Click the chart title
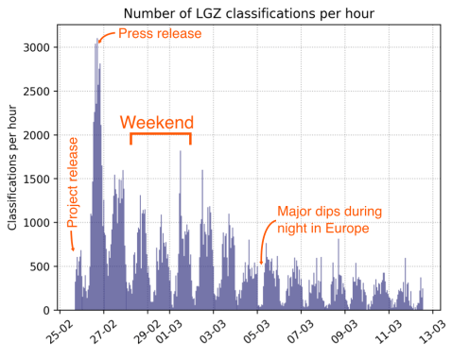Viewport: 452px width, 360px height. [x=249, y=13]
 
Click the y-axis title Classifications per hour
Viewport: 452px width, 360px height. [x=13, y=168]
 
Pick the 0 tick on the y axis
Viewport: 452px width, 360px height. [x=47, y=310]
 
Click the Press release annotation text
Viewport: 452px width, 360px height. [x=160, y=34]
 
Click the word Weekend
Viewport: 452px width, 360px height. [x=157, y=123]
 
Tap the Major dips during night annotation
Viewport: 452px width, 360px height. [x=328, y=220]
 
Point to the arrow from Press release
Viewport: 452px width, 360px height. [x=106, y=36]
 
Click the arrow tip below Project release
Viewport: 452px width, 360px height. [x=72, y=249]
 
